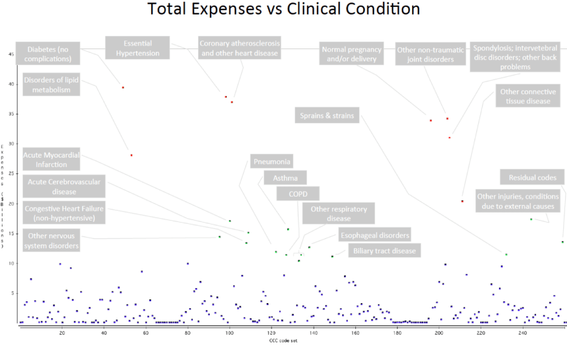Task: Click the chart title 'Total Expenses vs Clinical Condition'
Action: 283,10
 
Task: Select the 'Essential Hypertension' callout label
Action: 137,48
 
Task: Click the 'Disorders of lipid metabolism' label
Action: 52,84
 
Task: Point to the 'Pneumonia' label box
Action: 272,161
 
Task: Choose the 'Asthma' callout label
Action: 285,178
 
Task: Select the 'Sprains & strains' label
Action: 326,115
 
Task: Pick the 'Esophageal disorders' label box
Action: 374,235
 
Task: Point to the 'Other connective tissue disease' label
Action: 528,96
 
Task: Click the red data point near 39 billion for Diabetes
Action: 123,88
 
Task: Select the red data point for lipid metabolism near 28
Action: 131,155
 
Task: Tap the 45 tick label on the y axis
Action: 11,54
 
